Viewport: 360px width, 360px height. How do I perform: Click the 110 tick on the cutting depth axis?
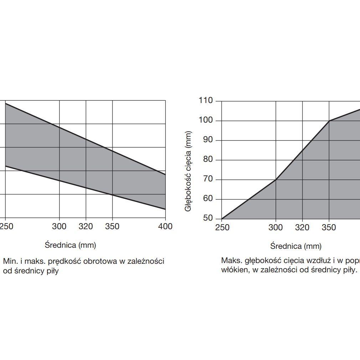coord(206,101)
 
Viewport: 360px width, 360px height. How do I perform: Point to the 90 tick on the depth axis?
coord(207,140)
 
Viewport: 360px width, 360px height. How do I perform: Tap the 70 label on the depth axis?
coord(207,179)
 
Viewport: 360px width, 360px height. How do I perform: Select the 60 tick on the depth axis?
coord(207,199)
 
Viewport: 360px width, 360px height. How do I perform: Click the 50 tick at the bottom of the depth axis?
coord(207,218)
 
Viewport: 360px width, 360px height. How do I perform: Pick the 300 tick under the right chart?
coord(276,227)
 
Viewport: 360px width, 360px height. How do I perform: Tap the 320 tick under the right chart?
coord(302,227)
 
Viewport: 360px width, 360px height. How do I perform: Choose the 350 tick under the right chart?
coord(329,227)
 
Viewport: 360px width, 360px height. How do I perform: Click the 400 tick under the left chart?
coord(165,226)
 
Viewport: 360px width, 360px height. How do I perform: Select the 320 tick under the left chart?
coord(86,226)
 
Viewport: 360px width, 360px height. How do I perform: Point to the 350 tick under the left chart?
coord(112,226)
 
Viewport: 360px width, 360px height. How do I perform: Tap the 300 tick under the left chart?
coord(59,226)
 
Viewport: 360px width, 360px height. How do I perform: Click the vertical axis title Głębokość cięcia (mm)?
coord(188,171)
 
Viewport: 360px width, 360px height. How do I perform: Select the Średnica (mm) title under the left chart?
coord(70,245)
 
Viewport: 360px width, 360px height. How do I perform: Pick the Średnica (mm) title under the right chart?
coord(296,246)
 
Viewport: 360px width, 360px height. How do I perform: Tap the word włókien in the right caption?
coord(233,270)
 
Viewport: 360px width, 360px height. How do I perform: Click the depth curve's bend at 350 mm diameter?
coord(329,121)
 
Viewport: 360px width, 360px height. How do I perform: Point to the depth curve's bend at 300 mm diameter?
coord(276,179)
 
